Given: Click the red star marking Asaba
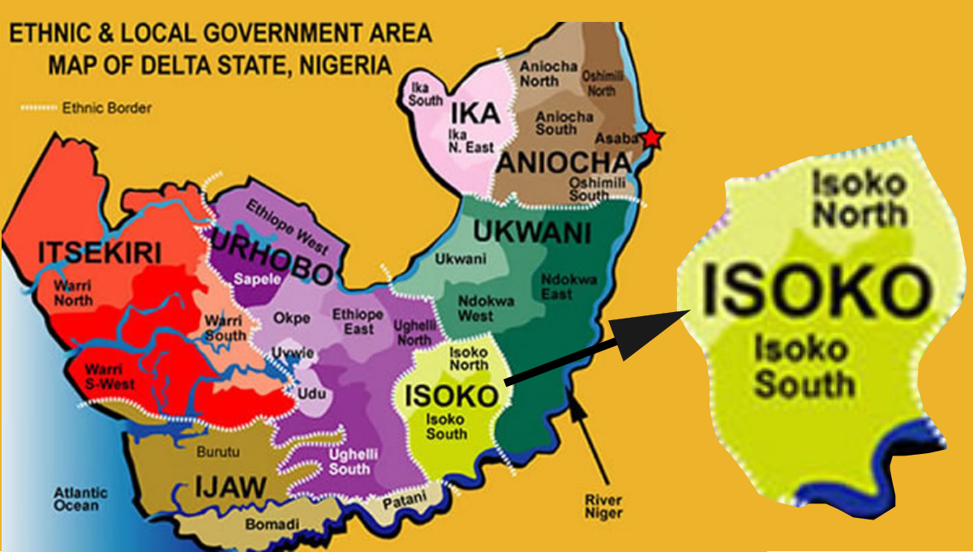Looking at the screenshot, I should click(x=652, y=139).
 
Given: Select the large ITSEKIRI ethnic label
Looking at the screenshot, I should click(x=100, y=254).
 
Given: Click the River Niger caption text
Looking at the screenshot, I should click(x=603, y=507).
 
